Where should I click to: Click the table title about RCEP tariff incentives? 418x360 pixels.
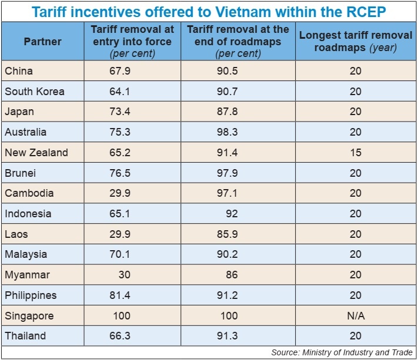[x=209, y=11]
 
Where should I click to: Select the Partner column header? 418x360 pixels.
[x=42, y=42]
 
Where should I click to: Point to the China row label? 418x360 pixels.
[x=19, y=71]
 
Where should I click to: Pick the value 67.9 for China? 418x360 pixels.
[x=120, y=71]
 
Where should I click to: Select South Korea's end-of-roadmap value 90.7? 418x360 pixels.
[x=227, y=92]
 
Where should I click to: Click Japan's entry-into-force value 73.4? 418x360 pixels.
[x=120, y=112]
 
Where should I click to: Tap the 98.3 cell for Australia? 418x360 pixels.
[x=227, y=132]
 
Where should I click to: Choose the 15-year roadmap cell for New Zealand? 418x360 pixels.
[x=355, y=153]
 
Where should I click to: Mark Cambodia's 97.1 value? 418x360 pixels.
[x=227, y=193]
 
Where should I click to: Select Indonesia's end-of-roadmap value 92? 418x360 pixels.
[x=232, y=214]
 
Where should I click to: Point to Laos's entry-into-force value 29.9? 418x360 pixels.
[x=120, y=234]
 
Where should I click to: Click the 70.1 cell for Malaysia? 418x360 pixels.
[x=120, y=254]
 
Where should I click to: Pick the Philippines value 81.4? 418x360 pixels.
[x=120, y=295]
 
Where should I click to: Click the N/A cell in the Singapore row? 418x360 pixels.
[x=355, y=315]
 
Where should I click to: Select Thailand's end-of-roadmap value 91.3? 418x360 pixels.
[x=227, y=336]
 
